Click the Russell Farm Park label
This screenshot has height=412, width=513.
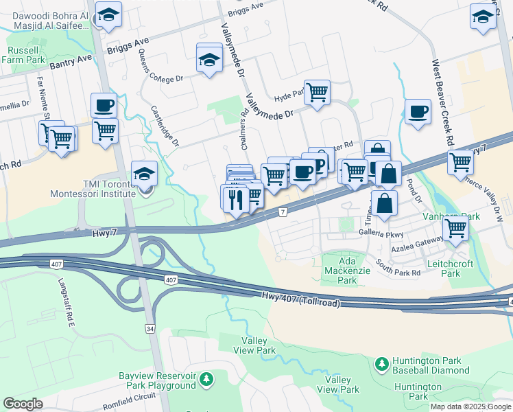26,55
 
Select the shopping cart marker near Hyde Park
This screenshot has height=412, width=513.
317,92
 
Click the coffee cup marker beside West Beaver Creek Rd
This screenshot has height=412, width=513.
418,111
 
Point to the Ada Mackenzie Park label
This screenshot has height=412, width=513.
347,271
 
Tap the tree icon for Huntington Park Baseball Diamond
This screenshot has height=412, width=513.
381,362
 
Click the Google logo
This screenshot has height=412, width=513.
23,403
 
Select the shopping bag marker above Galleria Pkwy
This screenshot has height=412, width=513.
384,203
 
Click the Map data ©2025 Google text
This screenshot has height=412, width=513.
470,407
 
